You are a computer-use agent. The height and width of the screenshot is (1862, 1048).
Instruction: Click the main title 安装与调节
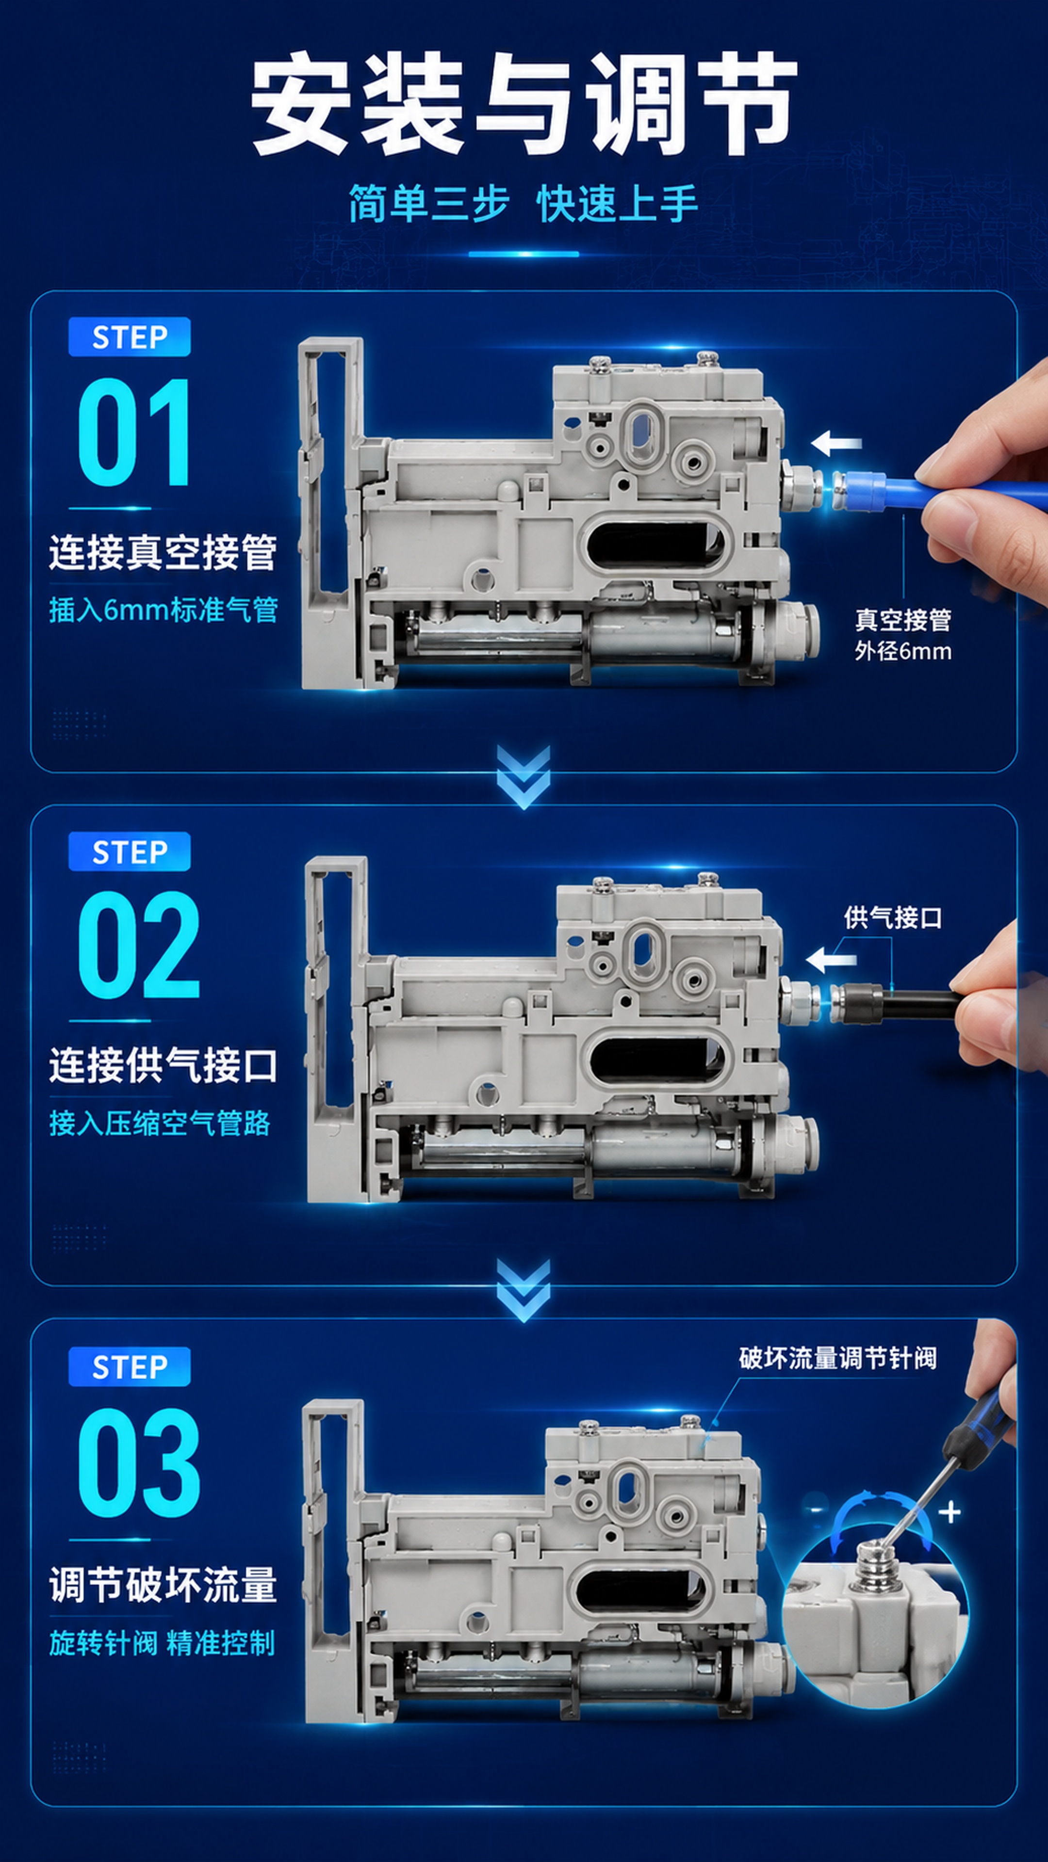pos(524,104)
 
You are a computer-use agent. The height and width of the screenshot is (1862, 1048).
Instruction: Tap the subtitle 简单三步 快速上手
pos(524,203)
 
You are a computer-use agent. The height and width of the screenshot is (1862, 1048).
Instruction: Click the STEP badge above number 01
pos(130,337)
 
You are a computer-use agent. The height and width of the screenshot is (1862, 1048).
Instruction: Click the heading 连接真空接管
pos(163,553)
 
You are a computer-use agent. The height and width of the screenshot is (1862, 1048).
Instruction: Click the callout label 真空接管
pos(902,620)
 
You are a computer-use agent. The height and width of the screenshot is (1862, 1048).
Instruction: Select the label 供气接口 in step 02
pos(893,917)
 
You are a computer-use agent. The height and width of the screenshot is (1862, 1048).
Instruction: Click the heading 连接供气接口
pos(163,1065)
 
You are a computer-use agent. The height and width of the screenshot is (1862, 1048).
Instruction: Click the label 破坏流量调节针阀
pos(837,1358)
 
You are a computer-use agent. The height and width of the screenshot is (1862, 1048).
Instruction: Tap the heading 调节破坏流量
pos(163,1585)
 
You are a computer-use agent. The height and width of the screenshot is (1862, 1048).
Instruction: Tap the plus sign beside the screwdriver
pos(950,1511)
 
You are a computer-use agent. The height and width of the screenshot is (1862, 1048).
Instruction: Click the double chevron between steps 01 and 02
pos(524,777)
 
